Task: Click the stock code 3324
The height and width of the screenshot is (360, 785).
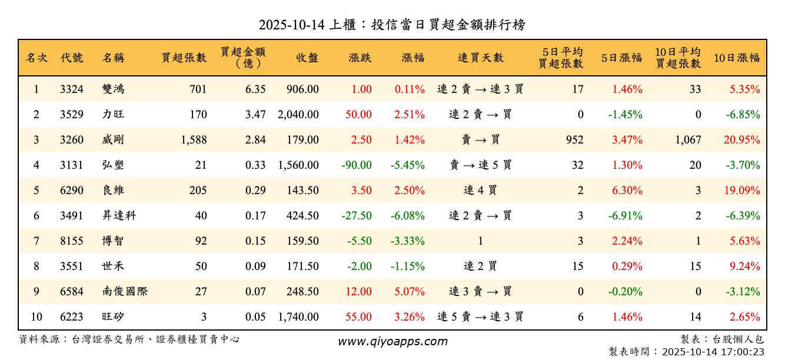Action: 72,89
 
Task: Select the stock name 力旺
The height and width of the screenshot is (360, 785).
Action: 113,115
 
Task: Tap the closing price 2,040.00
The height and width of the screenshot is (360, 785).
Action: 298,115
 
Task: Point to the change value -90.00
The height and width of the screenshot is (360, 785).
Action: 357,165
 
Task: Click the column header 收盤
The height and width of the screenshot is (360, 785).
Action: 307,58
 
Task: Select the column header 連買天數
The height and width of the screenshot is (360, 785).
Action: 481,58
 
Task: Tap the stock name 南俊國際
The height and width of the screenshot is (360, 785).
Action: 125,292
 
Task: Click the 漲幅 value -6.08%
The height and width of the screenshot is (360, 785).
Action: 407,216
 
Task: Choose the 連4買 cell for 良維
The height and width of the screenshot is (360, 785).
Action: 480,191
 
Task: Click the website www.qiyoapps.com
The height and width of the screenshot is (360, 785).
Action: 392,342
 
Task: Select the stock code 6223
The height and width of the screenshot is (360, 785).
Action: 72,317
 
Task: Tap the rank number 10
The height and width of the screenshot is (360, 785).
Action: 36,317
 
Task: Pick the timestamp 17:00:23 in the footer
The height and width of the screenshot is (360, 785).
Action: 743,352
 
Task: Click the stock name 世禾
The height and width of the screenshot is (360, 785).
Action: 113,266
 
